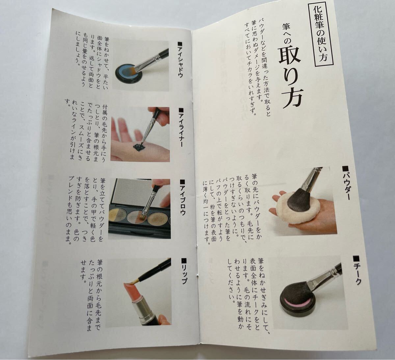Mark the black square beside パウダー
point(345,169)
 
